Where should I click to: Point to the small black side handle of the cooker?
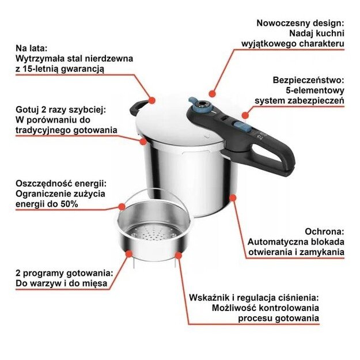click(140, 105)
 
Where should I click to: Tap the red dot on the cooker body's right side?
click(233, 198)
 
